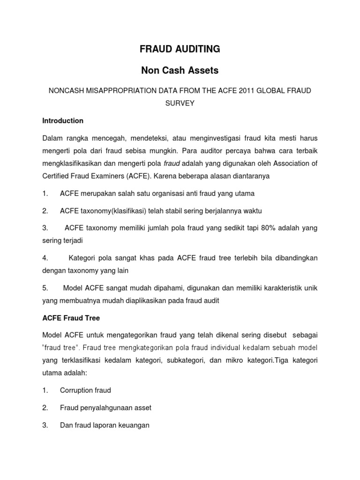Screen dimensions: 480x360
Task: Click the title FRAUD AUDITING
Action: [180, 49]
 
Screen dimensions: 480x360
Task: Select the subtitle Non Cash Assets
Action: [180, 71]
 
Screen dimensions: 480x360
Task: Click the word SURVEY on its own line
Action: [180, 103]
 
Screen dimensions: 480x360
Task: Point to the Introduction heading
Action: [63, 120]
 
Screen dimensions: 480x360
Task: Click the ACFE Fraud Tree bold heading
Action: [71, 318]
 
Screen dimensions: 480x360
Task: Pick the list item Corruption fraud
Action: [85, 390]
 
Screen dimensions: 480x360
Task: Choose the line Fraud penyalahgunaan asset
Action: [105, 408]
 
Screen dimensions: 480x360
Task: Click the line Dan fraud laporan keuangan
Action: [105, 426]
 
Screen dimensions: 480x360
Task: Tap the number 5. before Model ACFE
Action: [45, 288]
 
